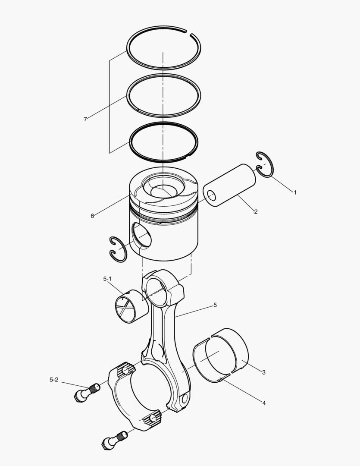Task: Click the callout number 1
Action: pos(295,192)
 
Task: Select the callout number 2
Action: pos(256,211)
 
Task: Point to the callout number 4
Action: pos(264,403)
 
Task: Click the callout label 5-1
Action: pos(107,279)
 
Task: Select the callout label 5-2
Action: pos(54,380)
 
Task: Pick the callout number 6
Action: pos(92,216)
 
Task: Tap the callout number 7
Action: pos(85,119)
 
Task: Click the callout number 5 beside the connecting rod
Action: pos(215,305)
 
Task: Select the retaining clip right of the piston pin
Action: pos(264,164)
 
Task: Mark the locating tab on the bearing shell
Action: pos(221,380)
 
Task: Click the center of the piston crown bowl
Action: pos(163,190)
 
